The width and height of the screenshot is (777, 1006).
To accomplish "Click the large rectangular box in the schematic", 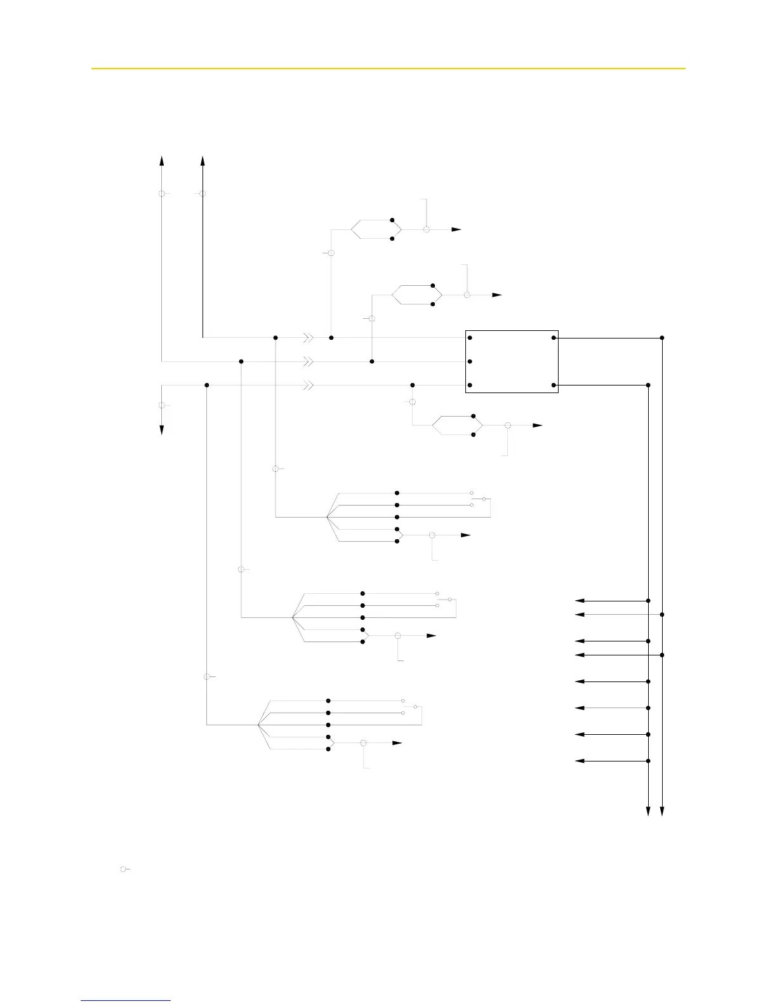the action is click(x=512, y=361).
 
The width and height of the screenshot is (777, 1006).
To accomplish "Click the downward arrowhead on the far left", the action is click(x=162, y=429).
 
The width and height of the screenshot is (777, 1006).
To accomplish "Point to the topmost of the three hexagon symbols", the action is click(x=376, y=229).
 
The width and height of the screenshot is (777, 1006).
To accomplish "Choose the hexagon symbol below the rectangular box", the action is click(x=457, y=425).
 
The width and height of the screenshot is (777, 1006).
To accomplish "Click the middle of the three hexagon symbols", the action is click(x=416, y=295).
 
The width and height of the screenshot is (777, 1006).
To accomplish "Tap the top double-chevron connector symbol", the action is click(x=308, y=338).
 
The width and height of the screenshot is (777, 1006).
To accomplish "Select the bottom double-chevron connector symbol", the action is click(x=308, y=386).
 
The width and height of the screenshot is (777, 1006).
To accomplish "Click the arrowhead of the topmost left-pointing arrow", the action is click(x=579, y=600).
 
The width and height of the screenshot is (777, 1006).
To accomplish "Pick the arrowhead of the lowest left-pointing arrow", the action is click(x=579, y=761).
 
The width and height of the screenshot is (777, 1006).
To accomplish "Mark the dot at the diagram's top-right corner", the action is click(x=662, y=338).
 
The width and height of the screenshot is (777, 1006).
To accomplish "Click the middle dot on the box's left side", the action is click(x=470, y=361).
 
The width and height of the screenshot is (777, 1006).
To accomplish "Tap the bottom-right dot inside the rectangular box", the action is click(x=554, y=386).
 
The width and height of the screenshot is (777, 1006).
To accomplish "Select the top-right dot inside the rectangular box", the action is click(x=554, y=338).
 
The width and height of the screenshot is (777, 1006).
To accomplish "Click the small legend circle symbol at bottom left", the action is click(x=123, y=868).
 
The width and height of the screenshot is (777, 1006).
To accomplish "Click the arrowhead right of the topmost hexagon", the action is click(x=457, y=229).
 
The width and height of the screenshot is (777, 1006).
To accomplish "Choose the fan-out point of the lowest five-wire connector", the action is click(x=258, y=725).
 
